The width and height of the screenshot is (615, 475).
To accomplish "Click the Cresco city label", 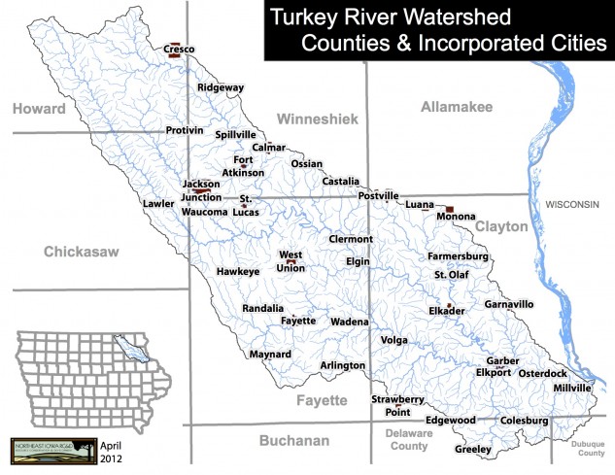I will (179, 48).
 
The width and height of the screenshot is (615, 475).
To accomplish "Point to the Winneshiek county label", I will (318, 119).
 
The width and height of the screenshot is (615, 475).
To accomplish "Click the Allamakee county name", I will (458, 107).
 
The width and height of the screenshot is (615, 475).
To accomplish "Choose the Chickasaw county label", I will (81, 253).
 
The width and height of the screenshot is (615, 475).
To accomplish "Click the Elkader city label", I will (447, 311).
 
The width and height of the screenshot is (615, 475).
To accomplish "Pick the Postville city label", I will (379, 196).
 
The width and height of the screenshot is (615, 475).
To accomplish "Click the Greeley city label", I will (473, 450).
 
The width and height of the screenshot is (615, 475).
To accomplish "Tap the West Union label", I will (291, 261).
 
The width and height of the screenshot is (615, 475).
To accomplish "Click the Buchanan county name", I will (294, 441).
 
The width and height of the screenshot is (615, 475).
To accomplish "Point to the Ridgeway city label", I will (221, 87).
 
